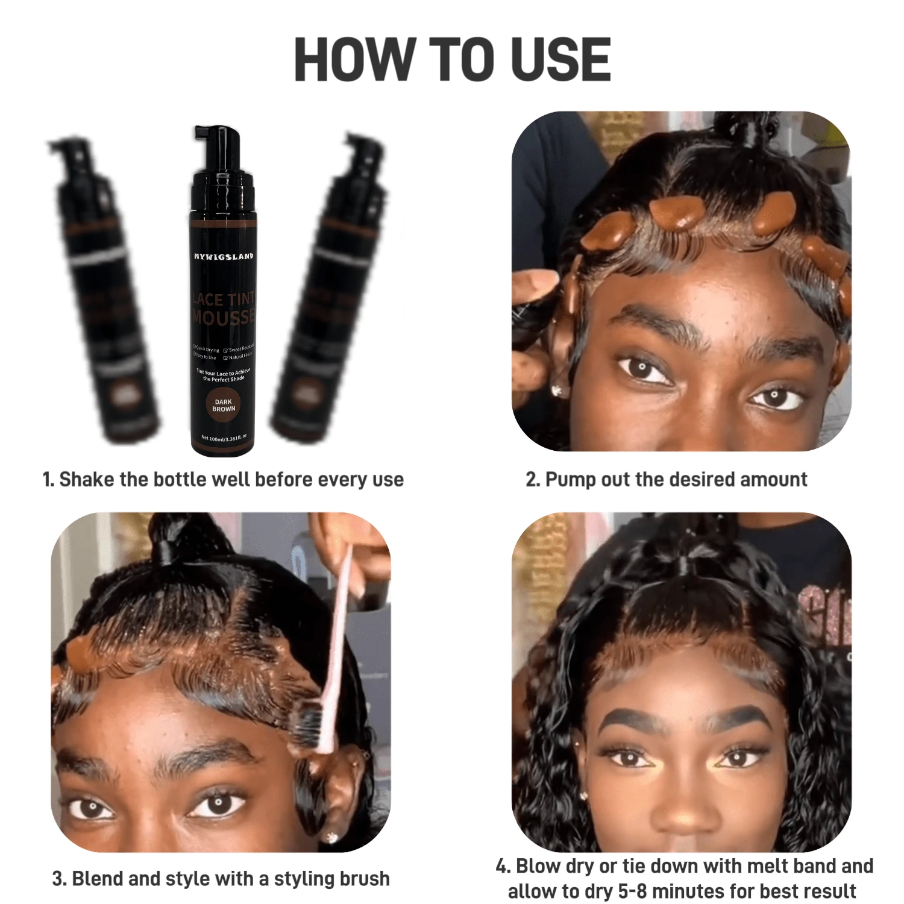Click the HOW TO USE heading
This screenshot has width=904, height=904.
click(452, 60)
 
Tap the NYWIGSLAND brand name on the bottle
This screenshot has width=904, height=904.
click(224, 256)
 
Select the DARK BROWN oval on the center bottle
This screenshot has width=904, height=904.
click(223, 405)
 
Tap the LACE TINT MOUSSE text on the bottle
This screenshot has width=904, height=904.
click(224, 309)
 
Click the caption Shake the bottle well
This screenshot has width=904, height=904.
click(223, 480)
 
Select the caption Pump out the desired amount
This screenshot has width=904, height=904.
click(666, 480)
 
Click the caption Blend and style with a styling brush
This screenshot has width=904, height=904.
click(221, 879)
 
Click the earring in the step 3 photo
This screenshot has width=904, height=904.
click(331, 837)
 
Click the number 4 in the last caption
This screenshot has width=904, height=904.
click(501, 867)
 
